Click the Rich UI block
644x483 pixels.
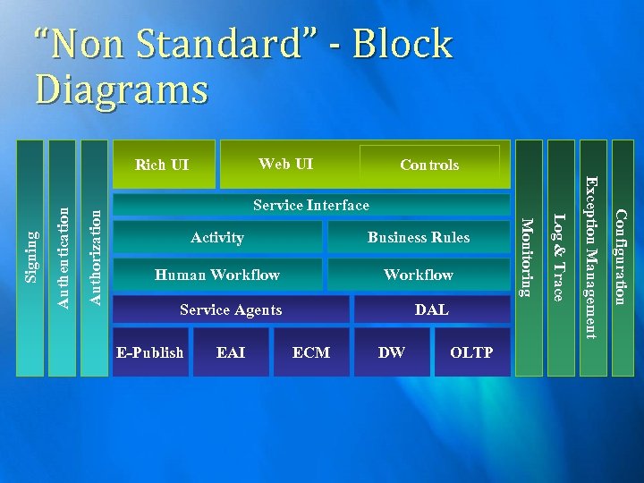tap(162, 165)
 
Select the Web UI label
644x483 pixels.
tap(285, 164)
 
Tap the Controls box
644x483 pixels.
tap(429, 165)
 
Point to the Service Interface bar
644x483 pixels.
tap(310, 206)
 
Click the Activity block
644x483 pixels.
tap(217, 237)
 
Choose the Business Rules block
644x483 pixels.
tap(419, 237)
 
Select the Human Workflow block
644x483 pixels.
tap(217, 275)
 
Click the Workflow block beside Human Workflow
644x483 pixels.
tap(419, 275)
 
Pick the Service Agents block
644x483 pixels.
tap(231, 309)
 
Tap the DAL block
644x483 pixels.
tap(432, 309)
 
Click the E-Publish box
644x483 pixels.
tap(150, 352)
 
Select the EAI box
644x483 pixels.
tap(231, 352)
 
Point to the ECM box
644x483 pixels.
tap(311, 352)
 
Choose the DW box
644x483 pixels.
tap(392, 352)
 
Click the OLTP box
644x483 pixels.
tap(471, 352)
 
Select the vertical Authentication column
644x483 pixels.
tap(63, 258)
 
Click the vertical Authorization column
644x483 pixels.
tap(96, 258)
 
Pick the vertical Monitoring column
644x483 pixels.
tap(529, 258)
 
